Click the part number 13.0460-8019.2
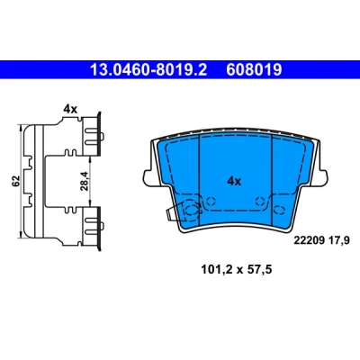148,70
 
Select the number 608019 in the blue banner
254,70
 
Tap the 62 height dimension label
16,181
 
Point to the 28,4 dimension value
85,181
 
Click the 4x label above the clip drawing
70,110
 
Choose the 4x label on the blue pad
234,181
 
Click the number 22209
310,240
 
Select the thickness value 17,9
339,241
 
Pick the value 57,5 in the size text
259,270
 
